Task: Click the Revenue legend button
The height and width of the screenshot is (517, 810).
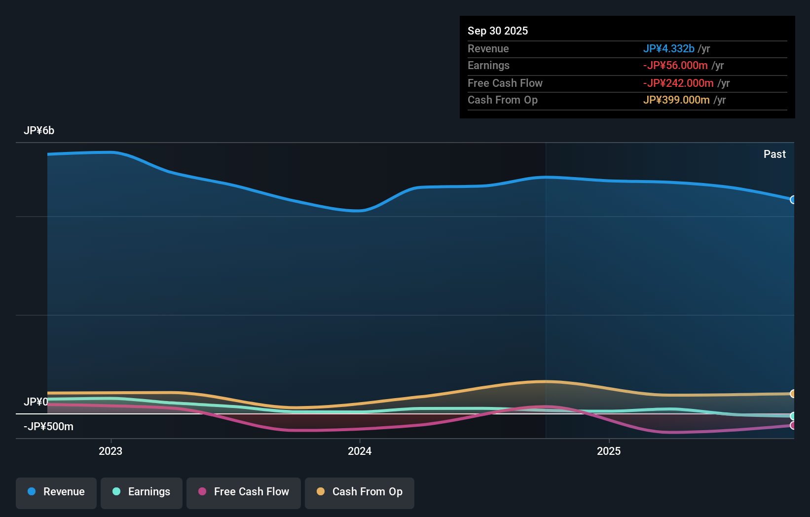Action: [56, 492]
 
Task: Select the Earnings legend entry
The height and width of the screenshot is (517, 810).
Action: [142, 492]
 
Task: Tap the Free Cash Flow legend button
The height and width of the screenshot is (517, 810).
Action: [244, 492]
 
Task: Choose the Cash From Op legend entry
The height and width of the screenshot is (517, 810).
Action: [360, 492]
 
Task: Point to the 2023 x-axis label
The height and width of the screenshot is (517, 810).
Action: [110, 451]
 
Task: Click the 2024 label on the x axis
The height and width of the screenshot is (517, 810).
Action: [360, 451]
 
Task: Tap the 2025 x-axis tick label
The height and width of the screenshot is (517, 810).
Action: [609, 451]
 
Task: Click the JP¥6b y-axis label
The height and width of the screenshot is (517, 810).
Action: [39, 131]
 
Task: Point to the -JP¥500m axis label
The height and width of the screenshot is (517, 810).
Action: [48, 427]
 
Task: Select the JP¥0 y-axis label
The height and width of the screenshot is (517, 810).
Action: [36, 402]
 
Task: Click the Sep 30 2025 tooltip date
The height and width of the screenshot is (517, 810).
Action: [498, 31]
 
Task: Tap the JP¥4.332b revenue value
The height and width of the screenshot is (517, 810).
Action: [668, 49]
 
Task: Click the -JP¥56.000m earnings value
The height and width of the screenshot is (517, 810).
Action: [675, 66]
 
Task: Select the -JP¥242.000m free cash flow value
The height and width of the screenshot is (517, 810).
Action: [678, 83]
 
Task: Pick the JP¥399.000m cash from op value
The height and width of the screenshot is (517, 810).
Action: [676, 100]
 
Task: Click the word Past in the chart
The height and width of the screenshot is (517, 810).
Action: [774, 154]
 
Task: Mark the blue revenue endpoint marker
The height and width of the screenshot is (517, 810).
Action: [793, 200]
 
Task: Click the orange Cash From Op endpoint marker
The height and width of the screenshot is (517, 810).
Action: [793, 394]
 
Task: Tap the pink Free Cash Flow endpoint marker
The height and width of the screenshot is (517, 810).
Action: [793, 425]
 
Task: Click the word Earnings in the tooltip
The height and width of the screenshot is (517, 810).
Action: [488, 66]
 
